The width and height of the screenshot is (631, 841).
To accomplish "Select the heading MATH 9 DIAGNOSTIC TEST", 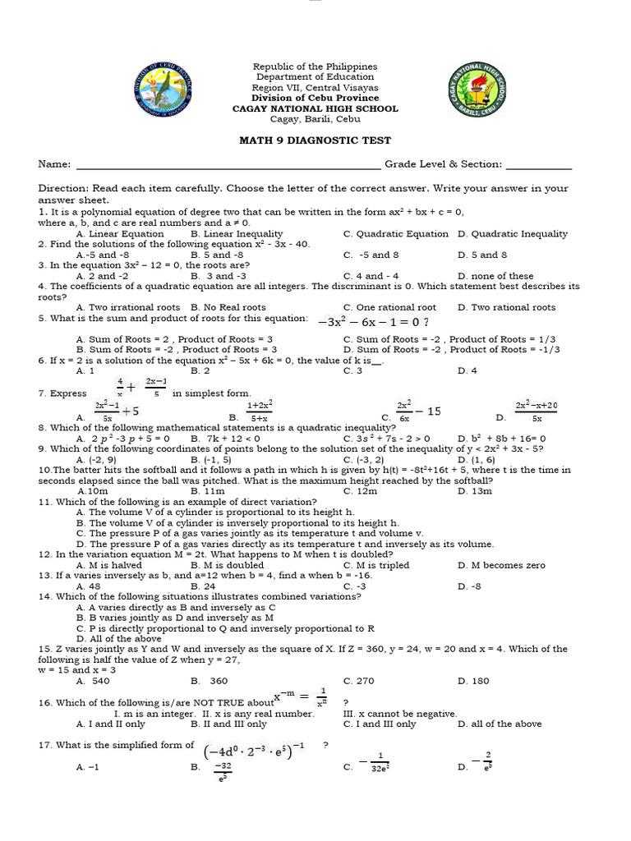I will point(315,140).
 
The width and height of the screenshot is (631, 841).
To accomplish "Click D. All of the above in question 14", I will point(119,638).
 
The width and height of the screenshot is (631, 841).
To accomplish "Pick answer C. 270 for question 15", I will point(359,681).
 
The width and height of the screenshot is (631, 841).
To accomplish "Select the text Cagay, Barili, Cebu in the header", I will point(315,119).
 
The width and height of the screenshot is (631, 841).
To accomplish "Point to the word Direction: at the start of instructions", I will point(63,188).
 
